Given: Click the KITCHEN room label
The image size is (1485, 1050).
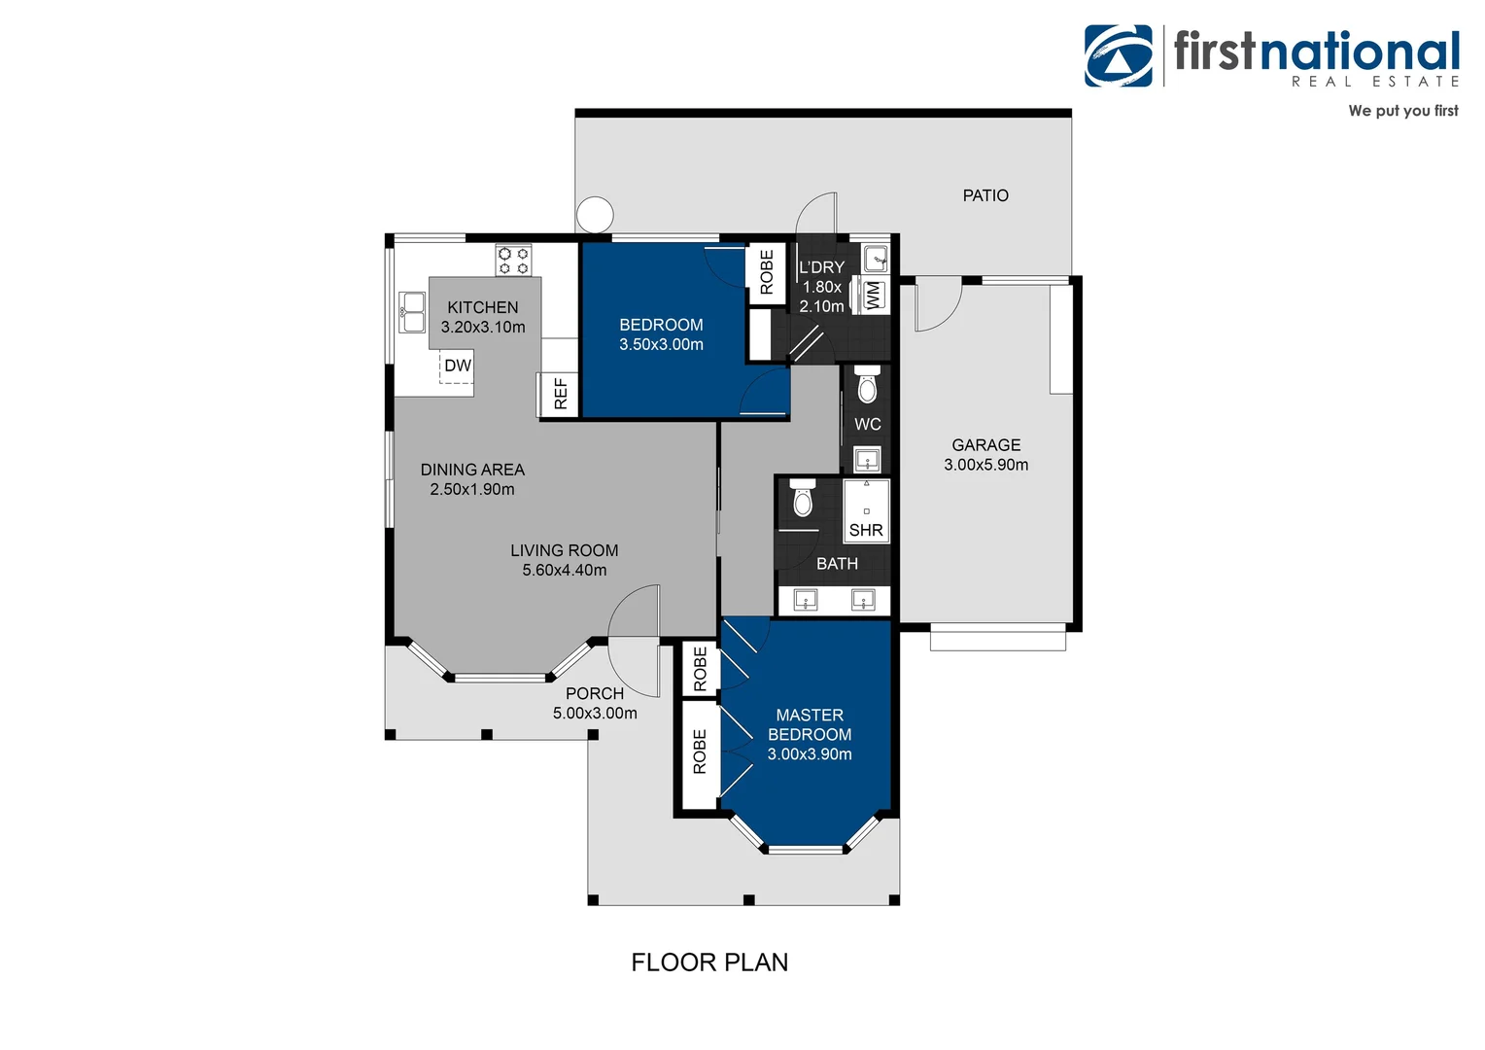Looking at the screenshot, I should pos(483,307).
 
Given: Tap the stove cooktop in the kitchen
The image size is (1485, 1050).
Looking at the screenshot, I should pos(513,261).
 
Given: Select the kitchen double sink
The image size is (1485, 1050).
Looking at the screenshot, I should pos(412,312).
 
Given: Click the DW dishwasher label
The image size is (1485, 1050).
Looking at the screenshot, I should pos(457,366).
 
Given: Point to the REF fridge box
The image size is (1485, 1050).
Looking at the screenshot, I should pos(560,394).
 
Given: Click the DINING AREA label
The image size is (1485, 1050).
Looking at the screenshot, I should pos(472,470).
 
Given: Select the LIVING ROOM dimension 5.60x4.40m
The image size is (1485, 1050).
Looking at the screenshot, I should pos(564,571).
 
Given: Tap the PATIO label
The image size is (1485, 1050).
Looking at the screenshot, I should pos(984,195).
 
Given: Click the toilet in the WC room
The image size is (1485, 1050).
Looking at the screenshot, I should pos(867,388).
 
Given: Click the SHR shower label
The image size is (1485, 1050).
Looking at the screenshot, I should pos(865,530).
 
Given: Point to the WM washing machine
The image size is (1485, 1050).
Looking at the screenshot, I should pos(872,295).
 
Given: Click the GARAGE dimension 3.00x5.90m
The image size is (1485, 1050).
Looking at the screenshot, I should pos(985,465).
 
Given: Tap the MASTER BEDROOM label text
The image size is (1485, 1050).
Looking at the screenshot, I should pos(809,725).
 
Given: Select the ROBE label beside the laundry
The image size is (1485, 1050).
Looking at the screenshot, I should pos(767,271).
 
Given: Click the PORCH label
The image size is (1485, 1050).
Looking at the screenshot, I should pos(594,693).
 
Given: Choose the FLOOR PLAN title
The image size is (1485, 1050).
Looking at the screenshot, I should pos(709,962).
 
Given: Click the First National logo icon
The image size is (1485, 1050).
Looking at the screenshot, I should pos(1119,56).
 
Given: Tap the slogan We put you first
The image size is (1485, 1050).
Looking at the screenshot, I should pos(1402,111).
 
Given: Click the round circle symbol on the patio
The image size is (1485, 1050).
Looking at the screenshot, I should pos(595,214).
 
